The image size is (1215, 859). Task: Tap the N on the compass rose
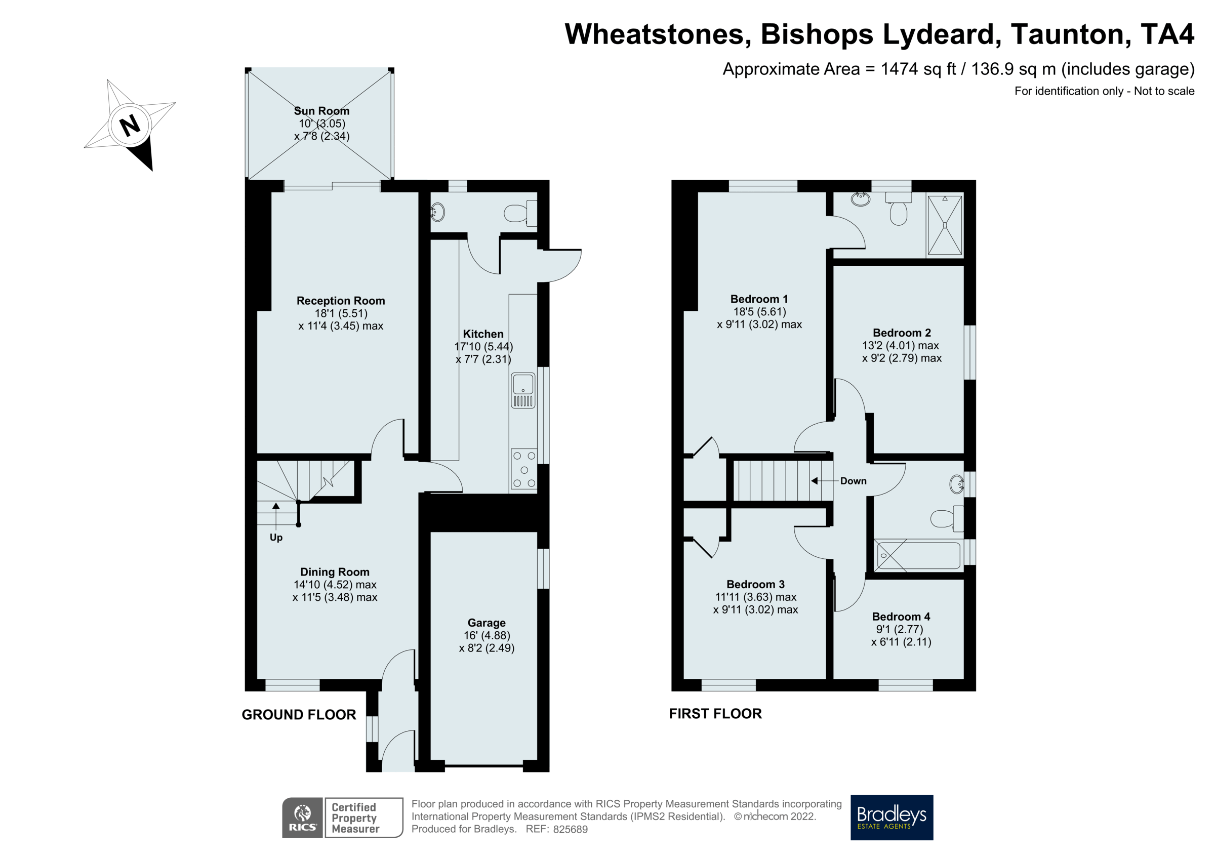tap(130, 126)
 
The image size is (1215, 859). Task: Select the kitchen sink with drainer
tap(523, 390)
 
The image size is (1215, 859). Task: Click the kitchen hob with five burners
tap(524, 469)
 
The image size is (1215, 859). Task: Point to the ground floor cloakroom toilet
tap(518, 213)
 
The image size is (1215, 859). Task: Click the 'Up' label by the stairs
tap(276, 537)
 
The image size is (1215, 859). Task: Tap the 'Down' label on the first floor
tap(853, 481)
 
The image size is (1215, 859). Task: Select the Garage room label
tap(487, 623)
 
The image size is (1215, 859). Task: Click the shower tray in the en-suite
tap(945, 225)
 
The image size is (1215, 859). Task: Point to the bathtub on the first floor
tap(918, 556)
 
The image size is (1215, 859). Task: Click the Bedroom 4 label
tap(901, 617)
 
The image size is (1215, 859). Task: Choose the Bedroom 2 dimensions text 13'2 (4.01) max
tap(900, 346)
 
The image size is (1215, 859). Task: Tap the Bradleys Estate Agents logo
tap(891, 817)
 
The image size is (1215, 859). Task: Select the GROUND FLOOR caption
tap(299, 715)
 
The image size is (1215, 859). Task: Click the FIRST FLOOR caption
tap(715, 714)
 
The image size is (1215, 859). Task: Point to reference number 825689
tap(570, 830)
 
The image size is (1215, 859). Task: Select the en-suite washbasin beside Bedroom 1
tap(861, 199)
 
